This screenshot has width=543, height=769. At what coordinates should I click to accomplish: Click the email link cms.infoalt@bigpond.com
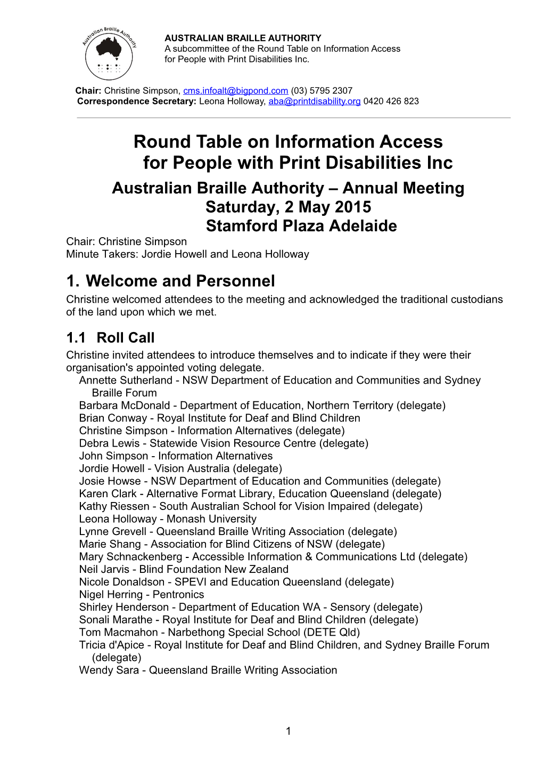pos(235,91)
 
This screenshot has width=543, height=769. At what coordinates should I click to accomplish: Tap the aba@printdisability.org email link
pos(314,101)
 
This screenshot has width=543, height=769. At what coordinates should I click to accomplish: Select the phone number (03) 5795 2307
pos(322,91)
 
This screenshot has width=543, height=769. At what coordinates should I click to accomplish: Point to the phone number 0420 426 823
pos(391,101)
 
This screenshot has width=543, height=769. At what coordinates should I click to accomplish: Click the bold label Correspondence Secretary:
pos(137,101)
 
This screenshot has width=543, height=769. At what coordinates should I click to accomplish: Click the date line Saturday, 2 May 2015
pos(288,207)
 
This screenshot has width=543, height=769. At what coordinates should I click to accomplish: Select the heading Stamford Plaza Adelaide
pos(301,226)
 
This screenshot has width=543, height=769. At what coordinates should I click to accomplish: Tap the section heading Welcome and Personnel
pos(180,281)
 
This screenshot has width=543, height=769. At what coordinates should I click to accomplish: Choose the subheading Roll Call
pos(126,338)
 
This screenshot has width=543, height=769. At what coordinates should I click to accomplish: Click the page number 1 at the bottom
pos(288,731)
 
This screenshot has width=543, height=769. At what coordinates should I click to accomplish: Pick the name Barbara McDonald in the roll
pos(125,406)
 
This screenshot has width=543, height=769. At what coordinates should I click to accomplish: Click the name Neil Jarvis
pos(104,569)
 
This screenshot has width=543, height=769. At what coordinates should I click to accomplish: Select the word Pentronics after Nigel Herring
pos(178,595)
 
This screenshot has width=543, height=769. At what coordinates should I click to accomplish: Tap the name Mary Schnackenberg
pos(130,557)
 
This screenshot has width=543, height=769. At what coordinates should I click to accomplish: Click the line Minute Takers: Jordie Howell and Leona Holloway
pos(187,254)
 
